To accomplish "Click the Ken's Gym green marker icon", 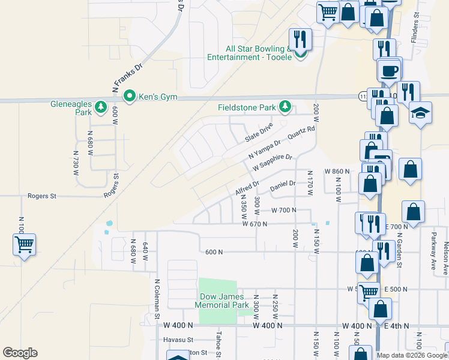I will [128, 96].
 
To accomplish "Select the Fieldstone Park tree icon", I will [286, 107].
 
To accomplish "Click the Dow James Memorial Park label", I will [221, 301].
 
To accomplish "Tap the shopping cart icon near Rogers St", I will [24, 244].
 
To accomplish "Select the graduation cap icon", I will [421, 113].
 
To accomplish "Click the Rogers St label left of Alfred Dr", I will [41, 196].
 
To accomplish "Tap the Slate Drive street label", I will [259, 133].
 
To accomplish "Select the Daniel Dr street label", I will [283, 187].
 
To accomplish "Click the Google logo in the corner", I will [20, 353].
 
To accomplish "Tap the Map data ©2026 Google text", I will [412, 355].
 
